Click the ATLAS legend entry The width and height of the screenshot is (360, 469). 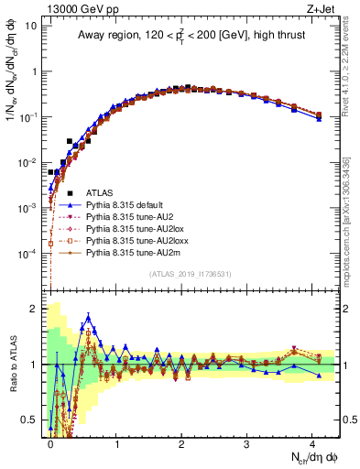pos(101,192)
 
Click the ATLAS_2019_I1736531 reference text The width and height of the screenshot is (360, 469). pos(191,274)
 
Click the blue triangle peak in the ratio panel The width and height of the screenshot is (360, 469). pos(88,318)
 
